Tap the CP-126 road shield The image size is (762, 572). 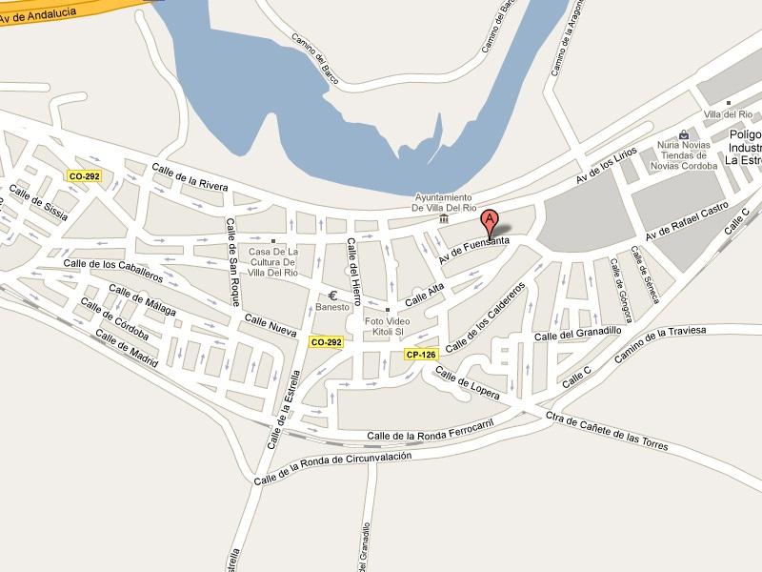click(420, 355)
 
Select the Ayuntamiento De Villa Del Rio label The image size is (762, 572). click(444, 202)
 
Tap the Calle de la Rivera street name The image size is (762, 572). click(190, 177)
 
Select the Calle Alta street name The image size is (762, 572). click(425, 296)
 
